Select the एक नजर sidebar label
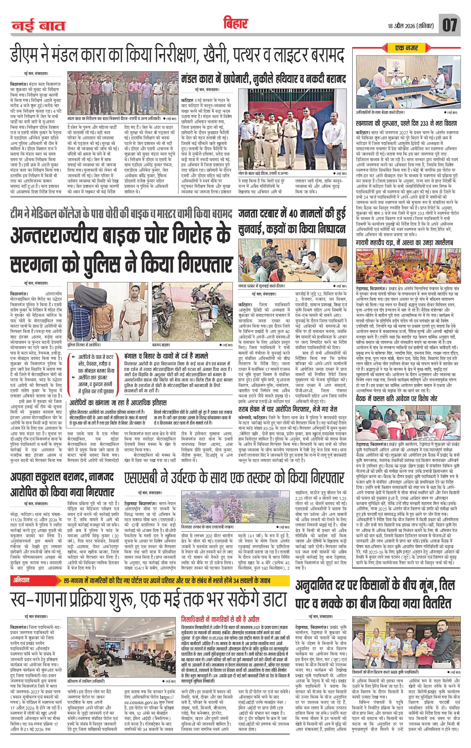pyautogui.click(x=407, y=48)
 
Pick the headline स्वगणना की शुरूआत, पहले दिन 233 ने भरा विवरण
pyautogui.click(x=406, y=124)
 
